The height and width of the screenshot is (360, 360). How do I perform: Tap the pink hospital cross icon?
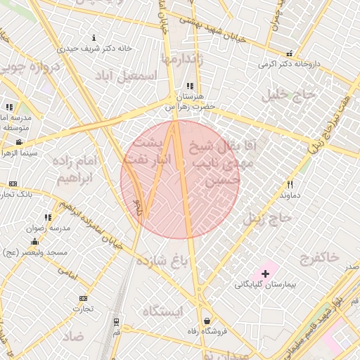coord(265,274)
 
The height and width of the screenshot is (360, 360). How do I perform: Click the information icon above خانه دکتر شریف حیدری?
coord(95,37)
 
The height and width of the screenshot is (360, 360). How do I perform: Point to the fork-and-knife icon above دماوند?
coord(289,183)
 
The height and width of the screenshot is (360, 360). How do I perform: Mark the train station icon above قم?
coord(115,321)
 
